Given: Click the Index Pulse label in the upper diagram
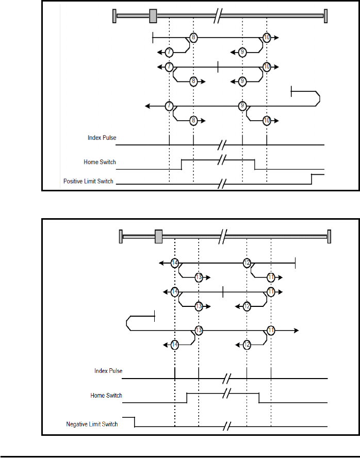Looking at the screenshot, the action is pos(102,138).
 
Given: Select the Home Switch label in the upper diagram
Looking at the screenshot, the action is pos(100,162).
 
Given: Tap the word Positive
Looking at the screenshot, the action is pos(73,181).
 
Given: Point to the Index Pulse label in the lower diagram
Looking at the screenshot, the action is pos(108,371).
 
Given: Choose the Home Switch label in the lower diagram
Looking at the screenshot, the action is pos(106,395).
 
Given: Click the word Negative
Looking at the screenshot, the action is pos(76,424).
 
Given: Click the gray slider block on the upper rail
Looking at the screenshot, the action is pos(153,16).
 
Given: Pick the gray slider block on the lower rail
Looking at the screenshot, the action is pos(158,236).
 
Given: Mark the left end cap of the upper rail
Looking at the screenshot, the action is pos(114,16).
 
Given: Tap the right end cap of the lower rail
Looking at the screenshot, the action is pos(329,236).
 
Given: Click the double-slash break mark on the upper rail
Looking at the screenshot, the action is pos(218,16).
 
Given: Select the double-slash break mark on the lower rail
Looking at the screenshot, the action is pos(223,236).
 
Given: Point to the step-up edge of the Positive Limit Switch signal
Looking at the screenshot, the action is pos(312,179).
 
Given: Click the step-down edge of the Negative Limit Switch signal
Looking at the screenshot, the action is pos(134,422).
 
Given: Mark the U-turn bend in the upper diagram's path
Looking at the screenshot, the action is pos(318,99).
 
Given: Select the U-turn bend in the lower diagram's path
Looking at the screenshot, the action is pos(128,323).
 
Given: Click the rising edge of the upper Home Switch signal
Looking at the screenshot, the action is pos(182,164).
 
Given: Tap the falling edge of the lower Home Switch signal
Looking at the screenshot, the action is pos(259,398).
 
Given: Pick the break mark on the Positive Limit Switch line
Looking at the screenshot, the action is pos(222,184).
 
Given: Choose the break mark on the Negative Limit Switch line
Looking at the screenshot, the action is pos(227,427).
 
